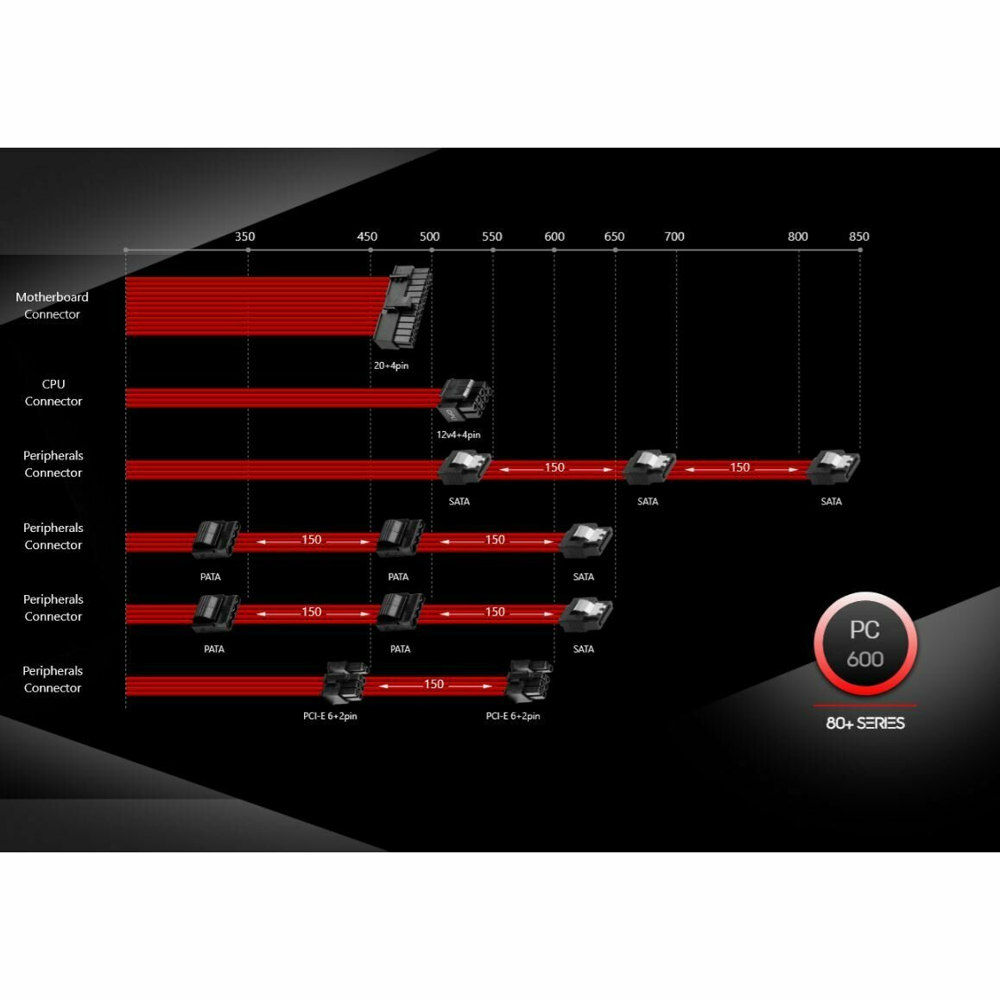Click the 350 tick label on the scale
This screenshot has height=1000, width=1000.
pos(245,237)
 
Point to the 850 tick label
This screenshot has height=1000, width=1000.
pos(859,237)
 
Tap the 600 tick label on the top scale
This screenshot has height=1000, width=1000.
pos(554,237)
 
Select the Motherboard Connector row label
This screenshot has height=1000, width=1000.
pos(52,306)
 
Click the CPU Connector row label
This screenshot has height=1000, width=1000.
pos(54,393)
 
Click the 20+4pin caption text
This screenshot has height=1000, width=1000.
pos(391,365)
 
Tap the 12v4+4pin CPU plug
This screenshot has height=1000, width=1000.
pos(463,399)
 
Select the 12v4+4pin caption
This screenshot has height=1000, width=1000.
pos(459,434)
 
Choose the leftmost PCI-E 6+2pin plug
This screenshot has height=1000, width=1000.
pos(345,684)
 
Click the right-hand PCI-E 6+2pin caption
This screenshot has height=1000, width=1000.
pos(513,716)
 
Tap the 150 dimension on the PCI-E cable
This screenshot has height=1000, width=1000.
pos(434,684)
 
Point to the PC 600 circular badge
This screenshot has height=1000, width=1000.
pos(864,644)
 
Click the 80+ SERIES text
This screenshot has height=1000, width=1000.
pos(864,723)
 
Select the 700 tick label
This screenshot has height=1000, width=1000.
pos(674,237)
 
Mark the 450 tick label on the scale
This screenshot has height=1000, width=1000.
pos(367,237)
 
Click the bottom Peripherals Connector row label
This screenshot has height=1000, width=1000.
pos(53,680)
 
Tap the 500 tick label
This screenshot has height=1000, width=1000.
pos(429,237)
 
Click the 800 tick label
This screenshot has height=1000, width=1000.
pos(798,237)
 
